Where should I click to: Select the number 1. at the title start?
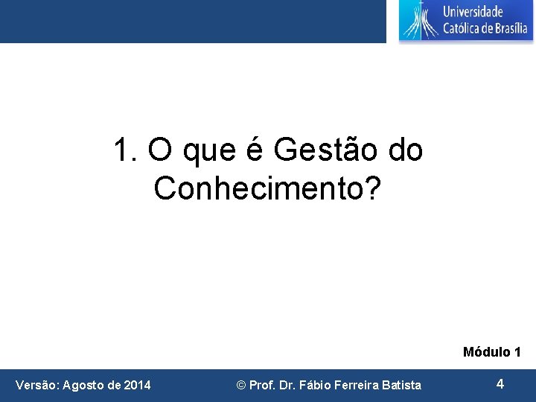tap(127, 150)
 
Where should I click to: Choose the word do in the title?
tap(406, 150)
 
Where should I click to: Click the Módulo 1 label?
tap(491, 351)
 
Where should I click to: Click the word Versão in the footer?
tap(36, 385)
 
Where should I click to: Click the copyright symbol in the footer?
tap(240, 385)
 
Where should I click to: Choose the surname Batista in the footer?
tap(401, 385)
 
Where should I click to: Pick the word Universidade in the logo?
tap(473, 11)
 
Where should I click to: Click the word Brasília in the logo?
tap(508, 29)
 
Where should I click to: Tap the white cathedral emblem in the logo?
tap(419, 20)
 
